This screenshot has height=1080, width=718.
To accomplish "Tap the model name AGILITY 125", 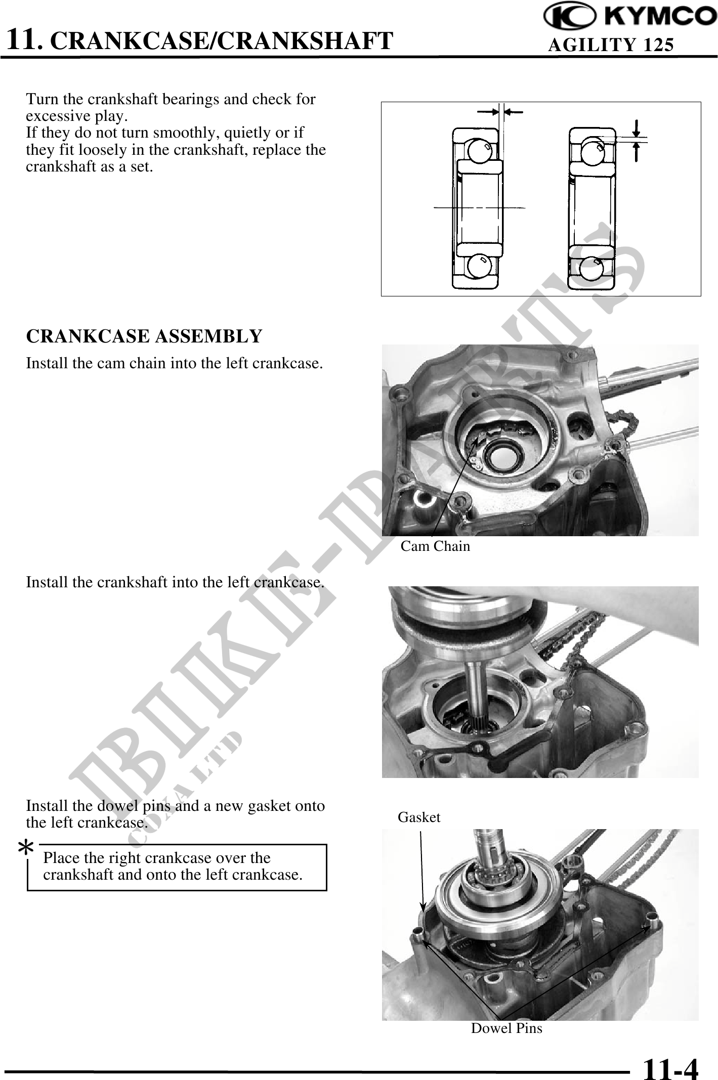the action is [611, 45].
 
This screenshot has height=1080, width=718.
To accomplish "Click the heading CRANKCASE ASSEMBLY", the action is [144, 336].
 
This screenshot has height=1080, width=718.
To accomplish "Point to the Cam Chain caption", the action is [435, 546].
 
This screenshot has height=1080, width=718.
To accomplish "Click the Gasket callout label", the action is [419, 817].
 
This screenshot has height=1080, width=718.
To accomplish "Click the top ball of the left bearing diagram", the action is [477, 150].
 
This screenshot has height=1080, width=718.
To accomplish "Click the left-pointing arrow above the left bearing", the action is [514, 112].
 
